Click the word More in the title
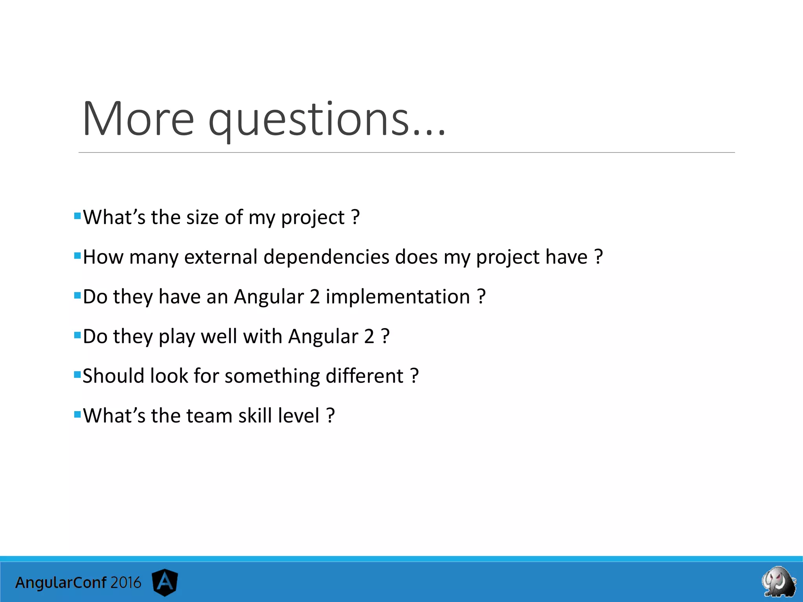click(138, 119)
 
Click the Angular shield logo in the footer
click(165, 582)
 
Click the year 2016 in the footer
click(125, 582)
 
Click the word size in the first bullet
click(202, 218)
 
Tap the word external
click(221, 257)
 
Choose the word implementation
click(398, 297)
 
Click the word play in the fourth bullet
click(176, 337)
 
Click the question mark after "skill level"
click(331, 415)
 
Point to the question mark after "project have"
click(598, 257)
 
